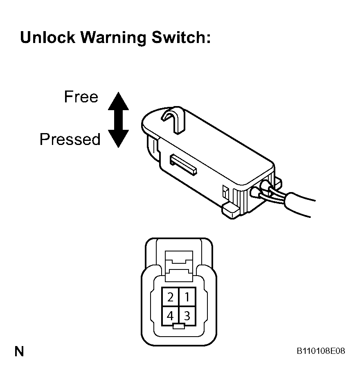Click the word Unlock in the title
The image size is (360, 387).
47,37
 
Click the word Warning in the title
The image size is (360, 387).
113,38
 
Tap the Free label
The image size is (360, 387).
81,97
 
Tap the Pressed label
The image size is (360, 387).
70,139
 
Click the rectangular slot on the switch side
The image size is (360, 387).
183,165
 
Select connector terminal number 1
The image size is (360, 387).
187,296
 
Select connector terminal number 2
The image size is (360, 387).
170,296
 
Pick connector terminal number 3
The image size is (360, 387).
187,316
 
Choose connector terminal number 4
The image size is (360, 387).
170,316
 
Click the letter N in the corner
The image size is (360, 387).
19,351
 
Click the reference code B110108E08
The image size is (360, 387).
321,351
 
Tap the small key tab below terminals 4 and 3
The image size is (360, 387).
179,326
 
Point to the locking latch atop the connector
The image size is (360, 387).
179,266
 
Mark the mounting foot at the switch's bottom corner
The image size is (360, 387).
231,211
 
